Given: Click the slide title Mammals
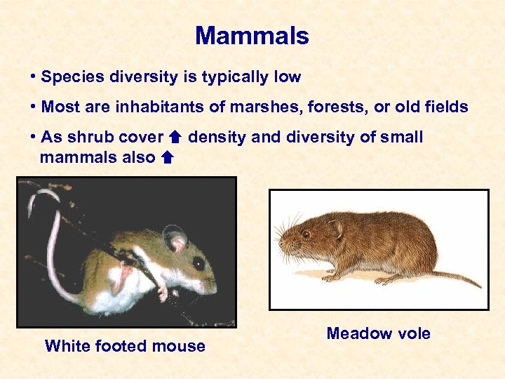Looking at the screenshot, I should point(252,36).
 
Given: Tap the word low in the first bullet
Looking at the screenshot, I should point(288,77).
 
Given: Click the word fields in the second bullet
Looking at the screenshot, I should point(447,107).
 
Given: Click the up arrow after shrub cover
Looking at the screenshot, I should point(176,138).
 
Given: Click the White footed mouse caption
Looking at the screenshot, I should point(125,345).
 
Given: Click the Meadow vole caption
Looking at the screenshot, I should point(378,333).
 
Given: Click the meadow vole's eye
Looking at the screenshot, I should point(307,234).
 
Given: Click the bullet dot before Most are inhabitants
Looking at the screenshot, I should point(34,107).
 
